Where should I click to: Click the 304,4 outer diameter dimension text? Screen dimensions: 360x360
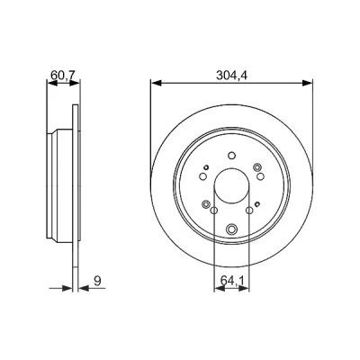[231, 76]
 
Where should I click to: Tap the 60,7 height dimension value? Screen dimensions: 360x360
[63, 75]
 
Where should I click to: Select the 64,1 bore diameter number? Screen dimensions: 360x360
[231, 281]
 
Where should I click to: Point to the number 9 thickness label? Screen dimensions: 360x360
[97, 281]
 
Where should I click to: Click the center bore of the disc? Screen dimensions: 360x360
[231, 186]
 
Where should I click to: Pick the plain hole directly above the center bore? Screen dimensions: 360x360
[231, 156]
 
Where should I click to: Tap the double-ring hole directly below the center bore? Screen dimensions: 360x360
[231, 229]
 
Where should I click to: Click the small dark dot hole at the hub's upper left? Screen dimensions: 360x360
[206, 167]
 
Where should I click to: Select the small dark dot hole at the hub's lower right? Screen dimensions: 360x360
[257, 204]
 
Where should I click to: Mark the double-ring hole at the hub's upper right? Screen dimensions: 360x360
[257, 167]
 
